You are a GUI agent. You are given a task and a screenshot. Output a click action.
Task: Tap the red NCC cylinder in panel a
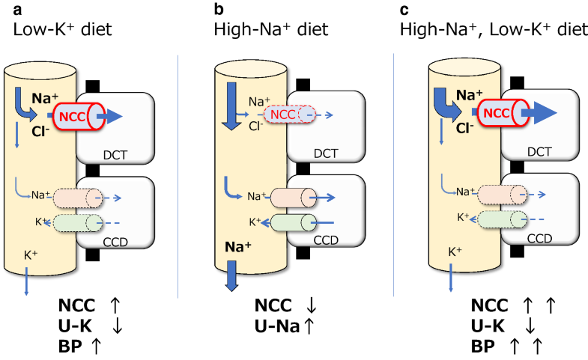[71, 115]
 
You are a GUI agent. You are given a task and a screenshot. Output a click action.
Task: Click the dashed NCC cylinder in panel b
[286, 115]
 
